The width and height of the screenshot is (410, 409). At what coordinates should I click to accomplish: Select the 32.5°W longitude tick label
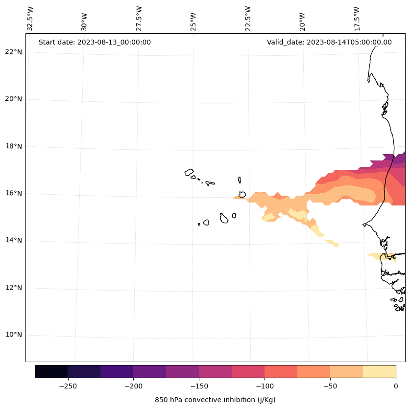pyautogui.click(x=30, y=19)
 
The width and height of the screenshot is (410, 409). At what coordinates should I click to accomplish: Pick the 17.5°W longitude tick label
pyautogui.click(x=357, y=19)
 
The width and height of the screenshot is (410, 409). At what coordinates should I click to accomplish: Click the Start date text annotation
pyautogui.click(x=95, y=42)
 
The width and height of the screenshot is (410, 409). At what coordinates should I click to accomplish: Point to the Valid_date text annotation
pyautogui.click(x=329, y=42)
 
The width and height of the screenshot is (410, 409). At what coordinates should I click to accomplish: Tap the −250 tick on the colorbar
pyautogui.click(x=68, y=386)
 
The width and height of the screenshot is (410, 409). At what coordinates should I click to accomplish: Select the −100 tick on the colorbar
pyautogui.click(x=265, y=386)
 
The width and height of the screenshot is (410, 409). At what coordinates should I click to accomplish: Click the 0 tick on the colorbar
pyautogui.click(x=396, y=386)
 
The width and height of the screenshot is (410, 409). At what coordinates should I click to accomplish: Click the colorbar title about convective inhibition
pyautogui.click(x=215, y=400)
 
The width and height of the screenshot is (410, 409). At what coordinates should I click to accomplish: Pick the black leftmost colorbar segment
pyautogui.click(x=51, y=371)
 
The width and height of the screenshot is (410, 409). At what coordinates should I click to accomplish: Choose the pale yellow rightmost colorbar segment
pyautogui.click(x=379, y=371)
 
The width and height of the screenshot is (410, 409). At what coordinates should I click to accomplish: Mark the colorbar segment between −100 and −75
pyautogui.click(x=281, y=371)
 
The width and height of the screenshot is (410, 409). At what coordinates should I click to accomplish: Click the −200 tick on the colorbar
pyautogui.click(x=133, y=386)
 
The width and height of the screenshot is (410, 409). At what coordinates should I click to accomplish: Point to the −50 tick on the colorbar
pyautogui.click(x=330, y=386)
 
